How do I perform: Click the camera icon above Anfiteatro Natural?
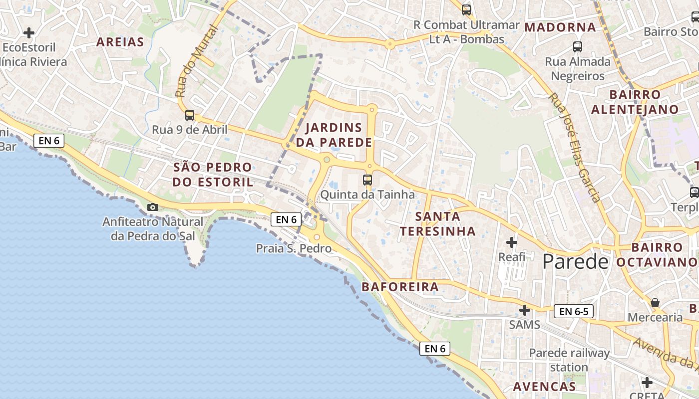click(153, 207)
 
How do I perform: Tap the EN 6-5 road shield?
click(573, 312)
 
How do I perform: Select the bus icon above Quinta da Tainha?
click(367, 180)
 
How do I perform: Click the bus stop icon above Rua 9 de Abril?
click(190, 115)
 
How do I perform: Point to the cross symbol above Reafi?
click(512, 243)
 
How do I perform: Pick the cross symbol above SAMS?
click(524, 310)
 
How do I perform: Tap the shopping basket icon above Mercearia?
click(655, 303)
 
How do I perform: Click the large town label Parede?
click(576, 261)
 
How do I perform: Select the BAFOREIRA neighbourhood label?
click(400, 287)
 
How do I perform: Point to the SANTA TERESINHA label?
click(437, 224)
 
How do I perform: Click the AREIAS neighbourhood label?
click(120, 42)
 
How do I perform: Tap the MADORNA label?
click(560, 27)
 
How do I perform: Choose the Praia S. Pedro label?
click(294, 248)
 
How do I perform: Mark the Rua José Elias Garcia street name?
click(574, 148)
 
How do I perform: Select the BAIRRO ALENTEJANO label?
click(635, 102)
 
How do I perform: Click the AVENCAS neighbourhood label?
click(544, 387)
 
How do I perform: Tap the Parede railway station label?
click(569, 360)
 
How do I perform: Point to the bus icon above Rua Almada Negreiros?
click(578, 47)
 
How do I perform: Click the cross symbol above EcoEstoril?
click(29, 33)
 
